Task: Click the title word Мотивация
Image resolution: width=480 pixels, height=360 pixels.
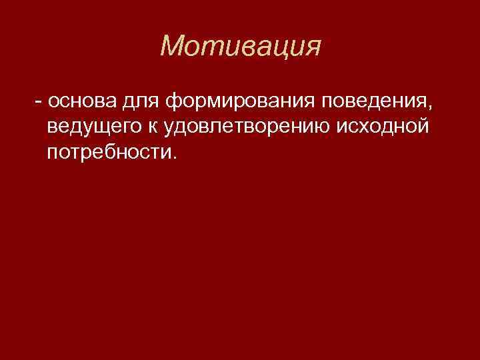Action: [x=241, y=46]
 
